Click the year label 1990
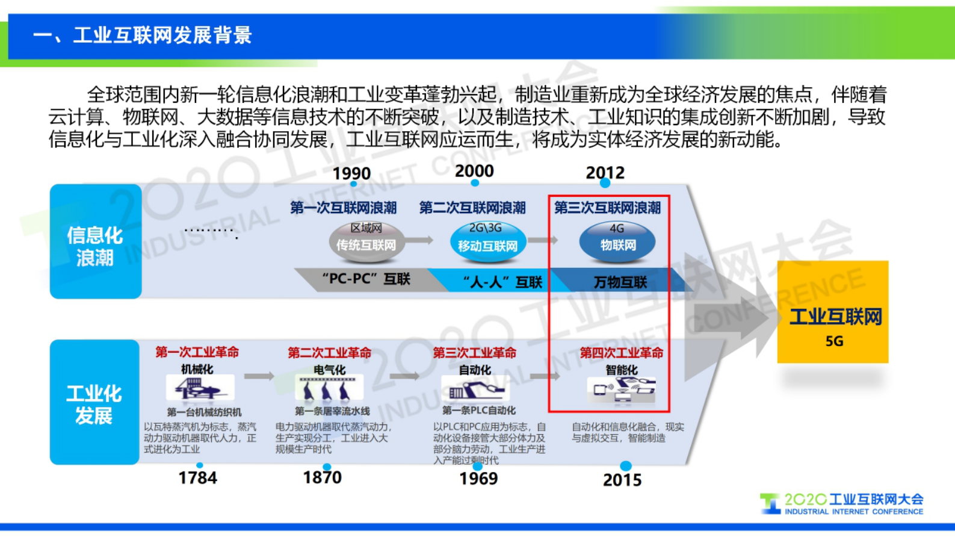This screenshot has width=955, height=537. click(351, 173)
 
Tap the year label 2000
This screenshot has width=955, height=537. click(474, 171)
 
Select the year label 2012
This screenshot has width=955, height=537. click(605, 173)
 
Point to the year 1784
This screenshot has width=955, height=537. click(197, 478)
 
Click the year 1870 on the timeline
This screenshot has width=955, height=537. click(322, 477)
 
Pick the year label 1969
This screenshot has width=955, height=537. click(478, 479)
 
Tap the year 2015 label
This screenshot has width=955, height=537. click(622, 480)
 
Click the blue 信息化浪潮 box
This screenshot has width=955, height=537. click(95, 241)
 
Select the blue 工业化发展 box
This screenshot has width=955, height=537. click(94, 402)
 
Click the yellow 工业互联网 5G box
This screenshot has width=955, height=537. click(833, 312)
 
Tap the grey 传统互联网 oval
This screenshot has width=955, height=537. click(366, 242)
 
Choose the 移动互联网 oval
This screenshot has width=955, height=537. click(487, 243)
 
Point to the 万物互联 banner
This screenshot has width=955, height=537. click(620, 282)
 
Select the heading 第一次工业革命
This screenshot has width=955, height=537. click(197, 352)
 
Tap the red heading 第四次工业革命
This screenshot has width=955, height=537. click(621, 353)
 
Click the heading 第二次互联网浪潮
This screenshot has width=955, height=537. click(472, 208)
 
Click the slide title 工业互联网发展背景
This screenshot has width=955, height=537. click(142, 36)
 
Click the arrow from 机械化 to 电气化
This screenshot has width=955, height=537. click(259, 376)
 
